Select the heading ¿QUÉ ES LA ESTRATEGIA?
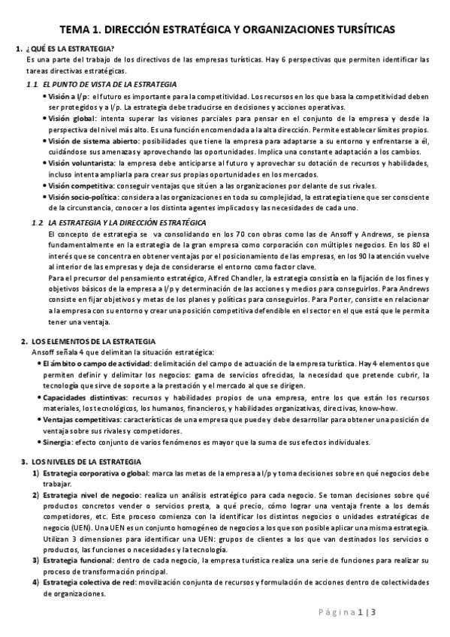pos(70,50)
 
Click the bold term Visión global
pos(72,119)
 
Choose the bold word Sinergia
pos(62,441)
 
